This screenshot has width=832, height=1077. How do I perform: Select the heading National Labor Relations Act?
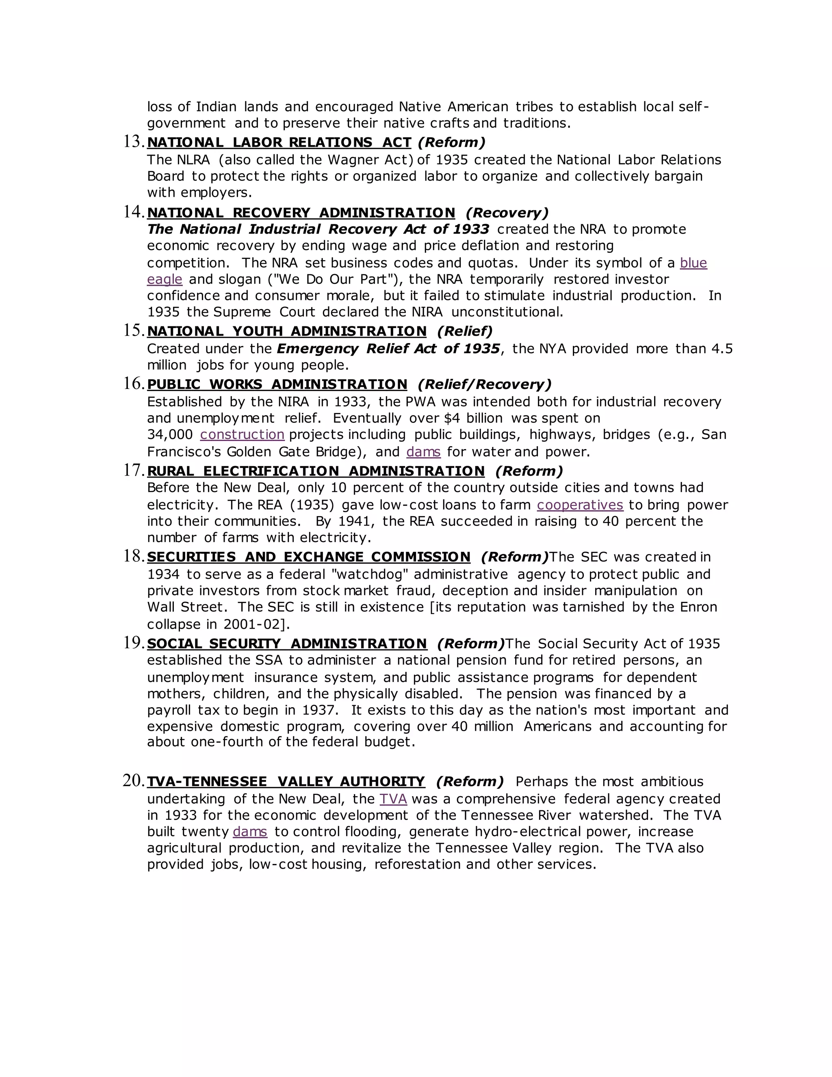(x=279, y=143)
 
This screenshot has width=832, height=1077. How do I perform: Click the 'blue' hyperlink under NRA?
(x=693, y=263)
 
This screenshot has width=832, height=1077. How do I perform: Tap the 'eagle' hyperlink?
(x=165, y=279)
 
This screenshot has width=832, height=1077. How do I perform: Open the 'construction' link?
(x=242, y=434)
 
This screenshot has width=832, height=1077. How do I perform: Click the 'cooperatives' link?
(x=580, y=505)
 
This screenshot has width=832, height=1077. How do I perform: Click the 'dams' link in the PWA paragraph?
(x=423, y=452)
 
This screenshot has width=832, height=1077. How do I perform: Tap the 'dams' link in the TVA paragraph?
(x=250, y=832)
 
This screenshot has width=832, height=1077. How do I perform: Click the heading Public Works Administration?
(x=277, y=384)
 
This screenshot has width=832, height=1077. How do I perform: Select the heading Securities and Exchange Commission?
(x=309, y=557)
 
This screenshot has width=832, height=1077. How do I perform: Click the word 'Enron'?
(x=698, y=607)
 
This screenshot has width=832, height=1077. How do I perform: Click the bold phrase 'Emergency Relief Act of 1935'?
(x=388, y=349)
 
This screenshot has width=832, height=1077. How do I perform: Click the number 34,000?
(x=169, y=434)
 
